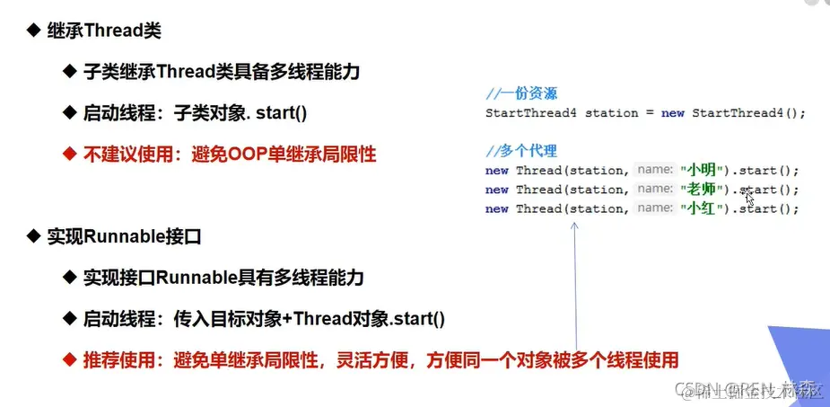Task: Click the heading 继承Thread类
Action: tap(104, 31)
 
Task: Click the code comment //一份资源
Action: tap(522, 93)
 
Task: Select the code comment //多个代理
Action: tap(522, 150)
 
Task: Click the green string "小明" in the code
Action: tap(698, 170)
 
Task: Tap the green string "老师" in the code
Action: tap(698, 190)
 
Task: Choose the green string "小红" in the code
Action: tap(698, 208)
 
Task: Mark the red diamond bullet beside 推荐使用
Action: tap(68, 360)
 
